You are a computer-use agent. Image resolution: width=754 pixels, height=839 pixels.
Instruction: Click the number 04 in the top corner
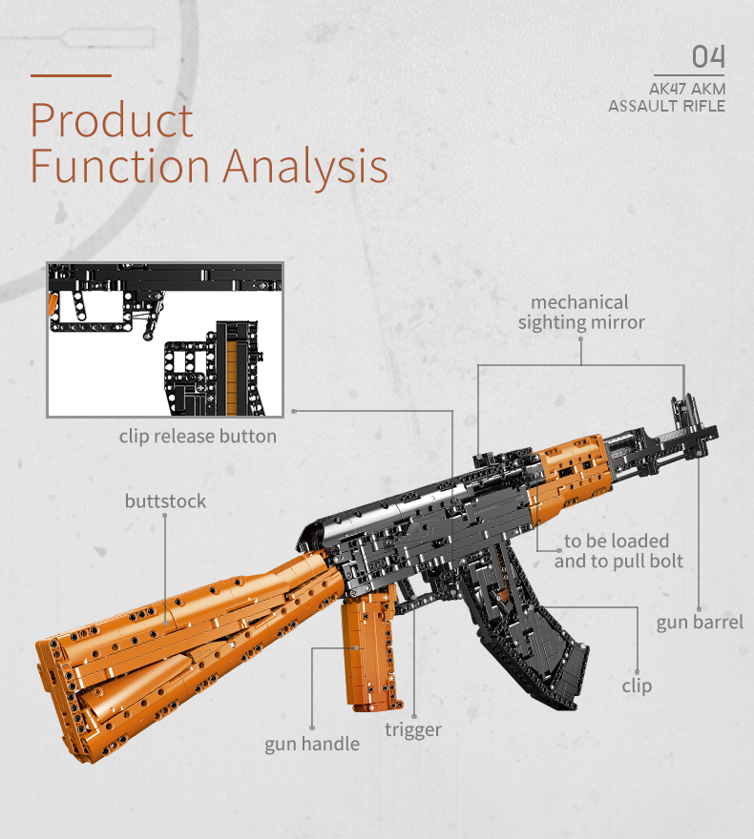pos(708,56)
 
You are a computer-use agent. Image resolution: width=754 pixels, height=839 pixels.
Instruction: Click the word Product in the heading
pos(112,120)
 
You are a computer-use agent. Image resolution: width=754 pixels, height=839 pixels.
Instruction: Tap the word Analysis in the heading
pos(305,166)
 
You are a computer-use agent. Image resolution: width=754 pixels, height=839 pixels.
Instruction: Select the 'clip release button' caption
pos(198,436)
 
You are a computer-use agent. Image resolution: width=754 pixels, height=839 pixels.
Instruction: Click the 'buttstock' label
pos(165,501)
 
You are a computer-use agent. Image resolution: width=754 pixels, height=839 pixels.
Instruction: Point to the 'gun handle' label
pos(312,744)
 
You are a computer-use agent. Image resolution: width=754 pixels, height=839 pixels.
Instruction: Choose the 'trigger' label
pos(413,729)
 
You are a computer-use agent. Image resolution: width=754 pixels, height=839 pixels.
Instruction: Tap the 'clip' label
pos(637,686)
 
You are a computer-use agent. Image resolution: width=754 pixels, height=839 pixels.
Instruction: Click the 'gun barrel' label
pos(700,623)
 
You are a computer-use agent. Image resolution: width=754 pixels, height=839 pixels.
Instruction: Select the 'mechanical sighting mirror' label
pos(581,313)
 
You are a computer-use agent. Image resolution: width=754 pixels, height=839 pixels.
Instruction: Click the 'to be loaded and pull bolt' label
pos(618,551)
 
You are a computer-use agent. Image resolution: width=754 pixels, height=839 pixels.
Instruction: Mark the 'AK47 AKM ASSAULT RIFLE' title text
pos(667,97)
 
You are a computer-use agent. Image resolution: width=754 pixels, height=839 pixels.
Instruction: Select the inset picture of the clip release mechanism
pos(165,339)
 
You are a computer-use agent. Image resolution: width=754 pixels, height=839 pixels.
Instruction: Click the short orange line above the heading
pos(72,75)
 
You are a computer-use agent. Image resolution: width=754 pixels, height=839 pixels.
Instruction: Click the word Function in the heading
pos(120,166)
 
